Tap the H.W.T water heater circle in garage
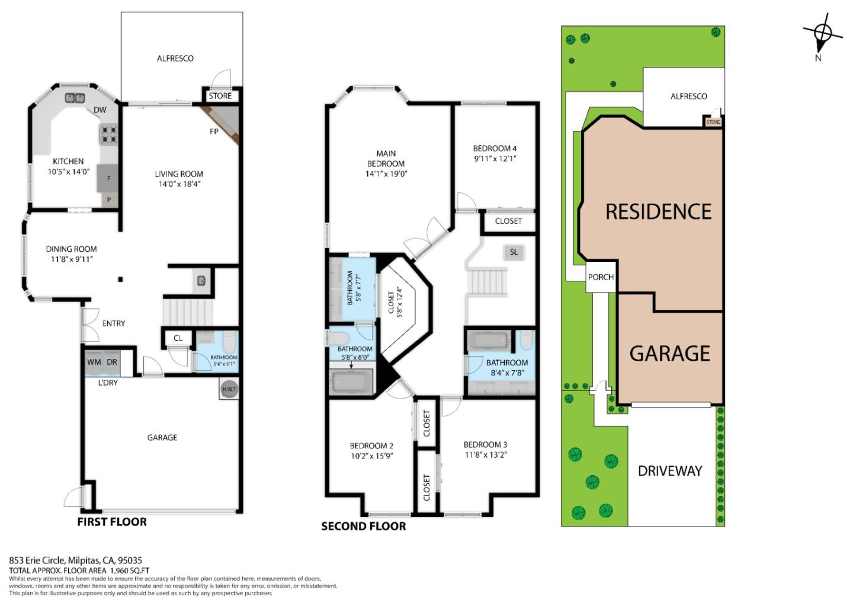pos(229,389)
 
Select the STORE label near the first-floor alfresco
pos(220,96)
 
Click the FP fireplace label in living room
pos(214,131)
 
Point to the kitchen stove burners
pos(108,135)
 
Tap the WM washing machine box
pos(94,363)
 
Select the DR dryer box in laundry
pos(112,363)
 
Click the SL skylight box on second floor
pos(514,252)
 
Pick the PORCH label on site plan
pos(601,277)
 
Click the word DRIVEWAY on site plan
pos(670,471)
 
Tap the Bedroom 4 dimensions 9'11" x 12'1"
pos(495,159)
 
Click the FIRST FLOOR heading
pos(112,522)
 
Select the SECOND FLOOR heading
pos(364,526)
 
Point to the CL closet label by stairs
pos(178,338)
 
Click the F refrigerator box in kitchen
pos(109,178)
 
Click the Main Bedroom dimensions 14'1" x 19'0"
pos(386,174)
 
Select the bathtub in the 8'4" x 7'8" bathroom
pos(488,341)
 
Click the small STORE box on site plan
pos(713,122)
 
